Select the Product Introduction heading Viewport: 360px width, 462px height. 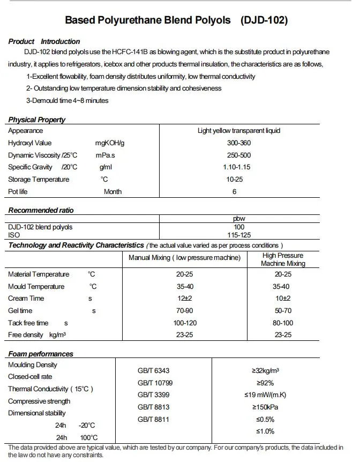point(44,41)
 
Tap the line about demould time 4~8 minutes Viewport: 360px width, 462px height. point(67,100)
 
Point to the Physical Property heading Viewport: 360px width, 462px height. point(37,120)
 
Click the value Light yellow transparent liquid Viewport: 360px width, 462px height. point(238,131)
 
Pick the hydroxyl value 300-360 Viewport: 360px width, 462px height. point(238,143)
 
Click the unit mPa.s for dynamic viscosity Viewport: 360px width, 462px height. point(106,155)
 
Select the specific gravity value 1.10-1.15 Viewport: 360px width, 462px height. point(236,167)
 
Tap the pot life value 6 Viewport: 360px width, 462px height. point(234,191)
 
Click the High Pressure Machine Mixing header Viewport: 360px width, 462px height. point(282,259)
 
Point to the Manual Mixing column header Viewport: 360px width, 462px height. point(184,258)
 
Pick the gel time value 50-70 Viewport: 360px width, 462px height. point(282,311)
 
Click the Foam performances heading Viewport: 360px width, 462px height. point(41,354)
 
